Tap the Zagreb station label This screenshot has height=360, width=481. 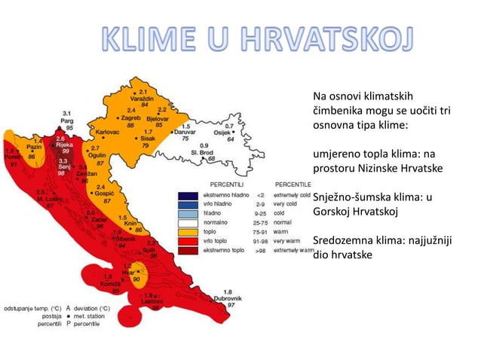pos(133,118)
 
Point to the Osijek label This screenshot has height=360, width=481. pos(227,133)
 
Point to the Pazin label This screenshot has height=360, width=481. pos(34,148)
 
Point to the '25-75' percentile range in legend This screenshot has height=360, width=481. pos(261,223)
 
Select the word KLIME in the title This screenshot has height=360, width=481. pos(144,43)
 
